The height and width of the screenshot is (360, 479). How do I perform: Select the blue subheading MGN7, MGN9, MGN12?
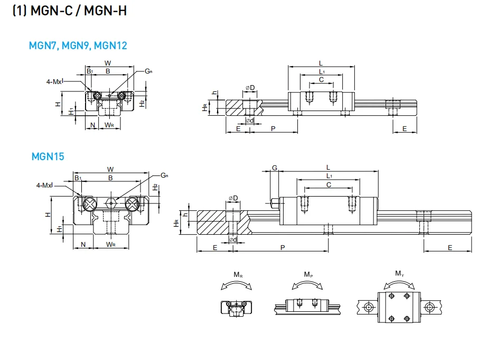[78, 45]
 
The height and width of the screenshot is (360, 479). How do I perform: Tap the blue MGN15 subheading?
[48, 156]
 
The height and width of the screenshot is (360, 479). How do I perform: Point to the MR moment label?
[238, 275]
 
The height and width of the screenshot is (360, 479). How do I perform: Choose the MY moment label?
[399, 273]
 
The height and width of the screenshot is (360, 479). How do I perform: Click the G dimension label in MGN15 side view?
[274, 168]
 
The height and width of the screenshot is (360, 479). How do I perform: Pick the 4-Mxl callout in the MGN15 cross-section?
[46, 186]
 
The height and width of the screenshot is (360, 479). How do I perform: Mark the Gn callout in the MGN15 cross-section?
[164, 175]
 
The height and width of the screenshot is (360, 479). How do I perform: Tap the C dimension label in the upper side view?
[321, 80]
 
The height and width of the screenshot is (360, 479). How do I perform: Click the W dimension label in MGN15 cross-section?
[110, 169]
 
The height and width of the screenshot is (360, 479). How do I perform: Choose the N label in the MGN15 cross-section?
[82, 244]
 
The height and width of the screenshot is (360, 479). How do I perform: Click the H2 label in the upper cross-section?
[142, 103]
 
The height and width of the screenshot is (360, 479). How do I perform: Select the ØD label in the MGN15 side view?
[233, 198]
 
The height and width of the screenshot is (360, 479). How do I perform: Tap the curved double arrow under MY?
[399, 284]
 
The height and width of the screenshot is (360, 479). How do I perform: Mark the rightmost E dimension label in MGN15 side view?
[450, 247]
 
